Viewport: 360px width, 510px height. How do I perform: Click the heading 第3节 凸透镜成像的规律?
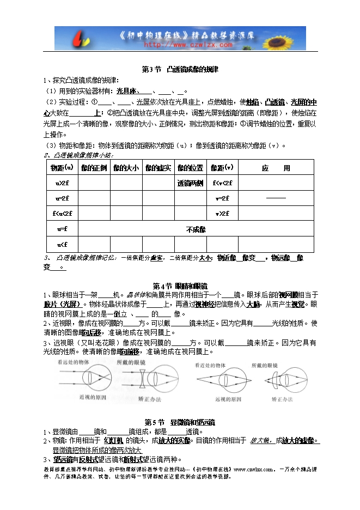tap(180, 69)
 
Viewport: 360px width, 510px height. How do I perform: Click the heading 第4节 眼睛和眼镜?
tap(180, 286)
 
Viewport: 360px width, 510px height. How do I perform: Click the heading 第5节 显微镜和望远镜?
tap(180, 422)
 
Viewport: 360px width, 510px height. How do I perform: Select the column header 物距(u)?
tap(62, 167)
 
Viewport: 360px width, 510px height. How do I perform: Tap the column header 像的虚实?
tap(158, 167)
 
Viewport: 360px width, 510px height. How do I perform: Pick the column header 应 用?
tap(276, 167)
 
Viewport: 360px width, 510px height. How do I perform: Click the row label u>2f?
tap(62, 183)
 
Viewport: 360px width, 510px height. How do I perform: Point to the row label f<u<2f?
tap(62, 214)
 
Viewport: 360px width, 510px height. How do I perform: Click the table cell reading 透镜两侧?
tap(190, 183)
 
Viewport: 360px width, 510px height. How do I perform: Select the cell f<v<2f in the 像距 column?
tap(222, 183)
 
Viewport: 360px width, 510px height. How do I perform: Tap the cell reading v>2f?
tap(222, 214)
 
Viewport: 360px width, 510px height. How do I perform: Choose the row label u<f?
tap(62, 244)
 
